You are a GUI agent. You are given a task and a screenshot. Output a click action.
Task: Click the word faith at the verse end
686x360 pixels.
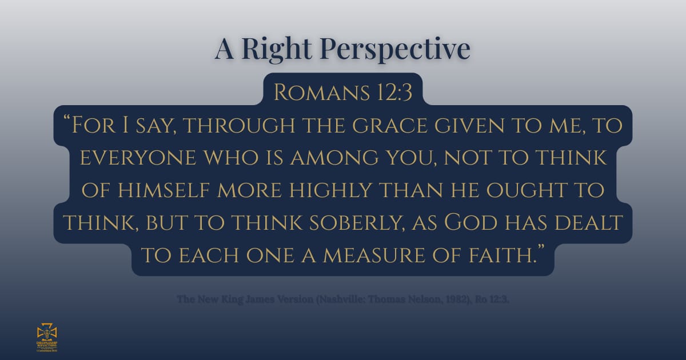tap(502, 254)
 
